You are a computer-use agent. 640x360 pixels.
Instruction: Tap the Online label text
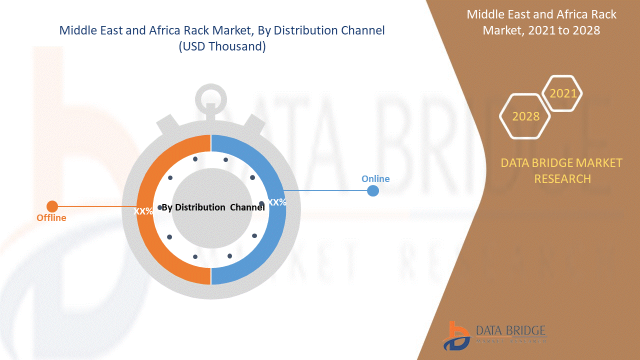point(375,179)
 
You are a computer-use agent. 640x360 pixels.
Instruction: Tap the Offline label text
point(51,218)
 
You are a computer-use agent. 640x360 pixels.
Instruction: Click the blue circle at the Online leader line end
point(372,190)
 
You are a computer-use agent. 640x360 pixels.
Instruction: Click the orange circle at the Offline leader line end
point(52,206)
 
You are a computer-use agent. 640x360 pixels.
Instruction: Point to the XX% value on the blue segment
point(277,202)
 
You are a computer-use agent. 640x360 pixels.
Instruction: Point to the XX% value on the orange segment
point(143,211)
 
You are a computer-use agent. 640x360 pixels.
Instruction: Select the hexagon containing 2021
point(563,93)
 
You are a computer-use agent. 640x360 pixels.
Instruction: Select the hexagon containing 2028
point(525,116)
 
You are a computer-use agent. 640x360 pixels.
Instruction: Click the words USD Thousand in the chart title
point(222,46)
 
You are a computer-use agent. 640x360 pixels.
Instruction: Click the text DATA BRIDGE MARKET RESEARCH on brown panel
point(561,170)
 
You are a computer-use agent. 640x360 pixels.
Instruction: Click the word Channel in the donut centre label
point(247,207)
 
